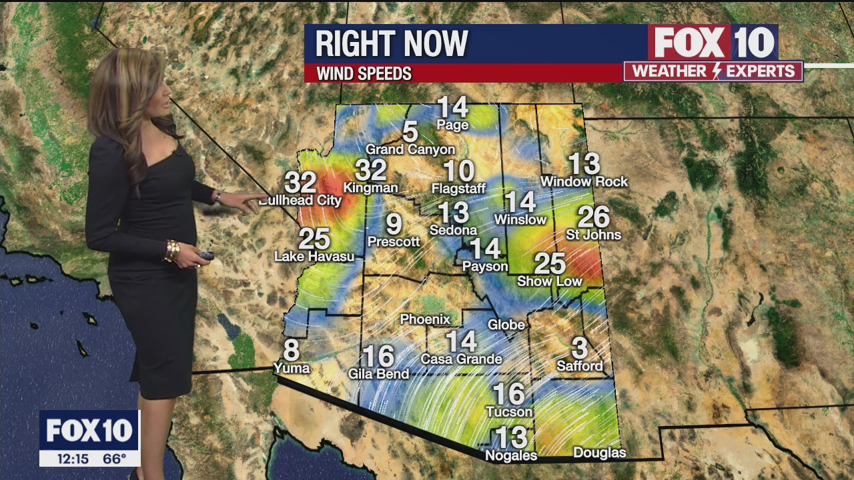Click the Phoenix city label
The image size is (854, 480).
pyautogui.click(x=425, y=320)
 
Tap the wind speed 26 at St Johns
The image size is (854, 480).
pyautogui.click(x=593, y=217)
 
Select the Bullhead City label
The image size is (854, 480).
pyautogui.click(x=300, y=200)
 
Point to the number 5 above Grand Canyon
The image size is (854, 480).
pyautogui.click(x=410, y=132)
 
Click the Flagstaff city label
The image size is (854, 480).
pyautogui.click(x=458, y=189)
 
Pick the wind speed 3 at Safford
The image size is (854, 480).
pyautogui.click(x=580, y=348)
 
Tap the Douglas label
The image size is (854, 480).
pyautogui.click(x=600, y=453)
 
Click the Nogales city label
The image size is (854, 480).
pyautogui.click(x=511, y=456)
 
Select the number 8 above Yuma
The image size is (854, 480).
pyautogui.click(x=291, y=350)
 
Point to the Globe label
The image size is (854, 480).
pyautogui.click(x=506, y=325)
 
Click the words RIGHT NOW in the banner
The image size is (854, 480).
pyautogui.click(x=392, y=44)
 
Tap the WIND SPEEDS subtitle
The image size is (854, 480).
pyautogui.click(x=364, y=73)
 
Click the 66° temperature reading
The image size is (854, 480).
pyautogui.click(x=114, y=459)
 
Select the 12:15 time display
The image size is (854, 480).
pyautogui.click(x=73, y=459)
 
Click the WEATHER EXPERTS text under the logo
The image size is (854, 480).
pyautogui.click(x=713, y=71)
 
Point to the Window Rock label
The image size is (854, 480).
pyautogui.click(x=584, y=181)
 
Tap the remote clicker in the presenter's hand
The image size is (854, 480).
pyautogui.click(x=205, y=255)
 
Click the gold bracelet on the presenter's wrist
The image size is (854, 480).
pyautogui.click(x=172, y=251)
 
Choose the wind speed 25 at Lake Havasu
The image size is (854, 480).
pyautogui.click(x=314, y=239)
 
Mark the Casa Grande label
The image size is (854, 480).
pyautogui.click(x=461, y=359)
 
